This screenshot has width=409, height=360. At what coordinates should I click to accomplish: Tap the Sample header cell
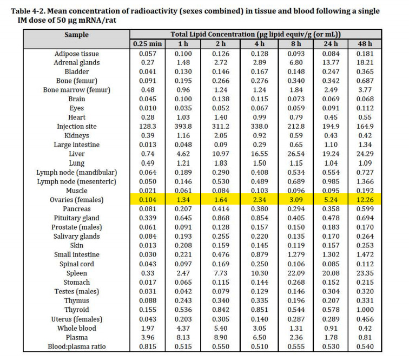pyautogui.click(x=76, y=35)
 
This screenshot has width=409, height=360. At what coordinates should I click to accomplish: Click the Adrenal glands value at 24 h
pyautogui.click(x=330, y=63)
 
